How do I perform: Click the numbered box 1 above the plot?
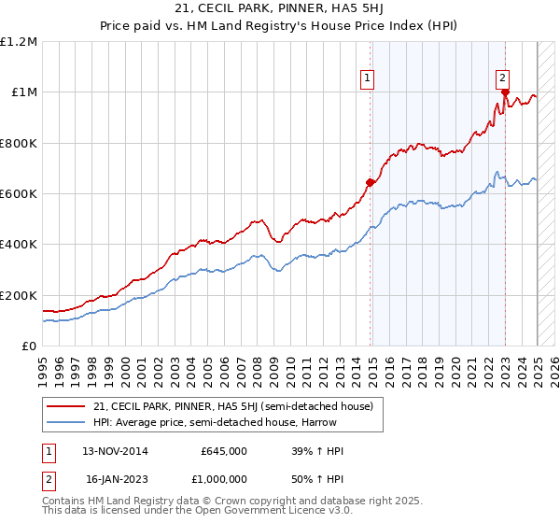(369, 79)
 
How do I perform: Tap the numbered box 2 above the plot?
(502, 79)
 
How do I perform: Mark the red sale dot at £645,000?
(370, 182)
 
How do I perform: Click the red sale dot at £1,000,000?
(505, 92)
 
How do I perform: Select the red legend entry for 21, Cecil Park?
(233, 406)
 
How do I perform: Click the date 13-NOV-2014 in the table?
(115, 451)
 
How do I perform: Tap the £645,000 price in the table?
(224, 451)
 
